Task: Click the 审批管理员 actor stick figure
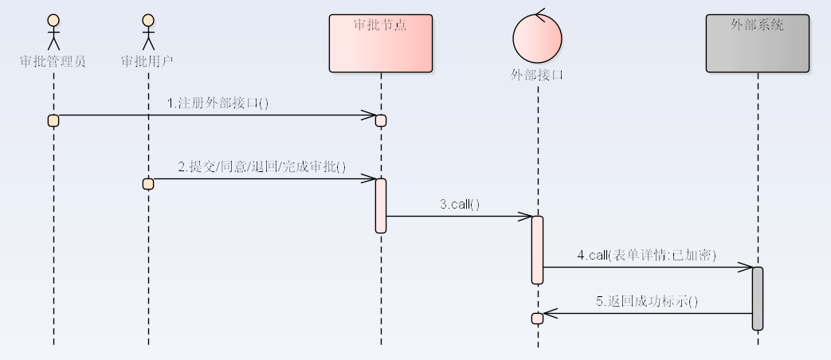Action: point(53,32)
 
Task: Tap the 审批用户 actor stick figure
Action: point(147,32)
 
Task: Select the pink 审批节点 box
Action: point(380,44)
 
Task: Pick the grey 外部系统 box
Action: point(757,44)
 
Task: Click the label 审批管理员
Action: point(53,61)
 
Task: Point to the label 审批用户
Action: point(147,61)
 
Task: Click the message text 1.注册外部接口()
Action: point(218,103)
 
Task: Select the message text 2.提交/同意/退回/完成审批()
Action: point(261,166)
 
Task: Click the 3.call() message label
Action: point(460,204)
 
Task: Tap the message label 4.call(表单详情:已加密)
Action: point(647,255)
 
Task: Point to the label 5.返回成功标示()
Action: point(647,301)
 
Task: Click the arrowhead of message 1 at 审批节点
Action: point(368,115)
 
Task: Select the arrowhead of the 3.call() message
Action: point(525,216)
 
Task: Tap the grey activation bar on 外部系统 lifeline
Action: point(758,298)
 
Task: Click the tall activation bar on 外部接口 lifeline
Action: point(538,249)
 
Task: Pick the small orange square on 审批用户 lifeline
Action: point(147,184)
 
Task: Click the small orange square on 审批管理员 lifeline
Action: point(53,120)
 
